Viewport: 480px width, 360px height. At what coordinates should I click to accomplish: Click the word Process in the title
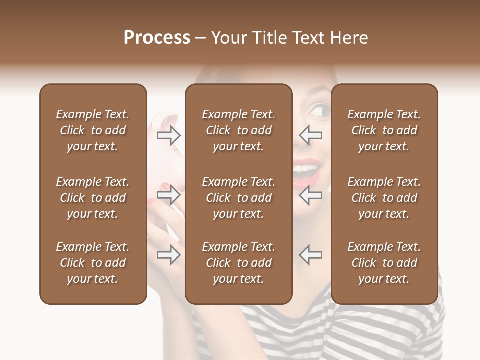pyautogui.click(x=157, y=38)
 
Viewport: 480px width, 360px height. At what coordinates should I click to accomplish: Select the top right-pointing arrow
pyautogui.click(x=169, y=135)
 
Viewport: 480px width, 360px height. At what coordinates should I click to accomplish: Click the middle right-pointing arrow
pyautogui.click(x=169, y=195)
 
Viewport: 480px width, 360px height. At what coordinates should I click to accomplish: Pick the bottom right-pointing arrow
pyautogui.click(x=169, y=255)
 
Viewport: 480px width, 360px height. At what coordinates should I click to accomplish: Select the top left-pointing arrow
pyautogui.click(x=310, y=135)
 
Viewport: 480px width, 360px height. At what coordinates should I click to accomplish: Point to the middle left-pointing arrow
pyautogui.click(x=310, y=195)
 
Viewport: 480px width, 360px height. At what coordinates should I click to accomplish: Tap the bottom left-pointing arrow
pyautogui.click(x=310, y=255)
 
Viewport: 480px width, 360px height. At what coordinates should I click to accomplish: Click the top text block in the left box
pyautogui.click(x=93, y=130)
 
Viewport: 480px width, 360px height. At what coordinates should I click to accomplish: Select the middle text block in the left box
pyautogui.click(x=93, y=198)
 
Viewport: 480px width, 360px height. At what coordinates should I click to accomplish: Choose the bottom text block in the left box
pyautogui.click(x=93, y=263)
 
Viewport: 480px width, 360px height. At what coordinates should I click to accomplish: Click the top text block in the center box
pyautogui.click(x=238, y=130)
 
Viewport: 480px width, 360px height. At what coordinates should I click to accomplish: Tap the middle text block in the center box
pyautogui.click(x=238, y=198)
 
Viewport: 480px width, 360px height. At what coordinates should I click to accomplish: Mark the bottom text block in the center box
pyautogui.click(x=238, y=263)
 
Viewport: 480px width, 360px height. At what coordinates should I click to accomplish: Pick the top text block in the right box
pyautogui.click(x=384, y=130)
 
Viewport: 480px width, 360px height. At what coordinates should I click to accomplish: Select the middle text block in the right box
pyautogui.click(x=384, y=198)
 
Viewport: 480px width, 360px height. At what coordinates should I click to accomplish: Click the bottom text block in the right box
pyautogui.click(x=384, y=263)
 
